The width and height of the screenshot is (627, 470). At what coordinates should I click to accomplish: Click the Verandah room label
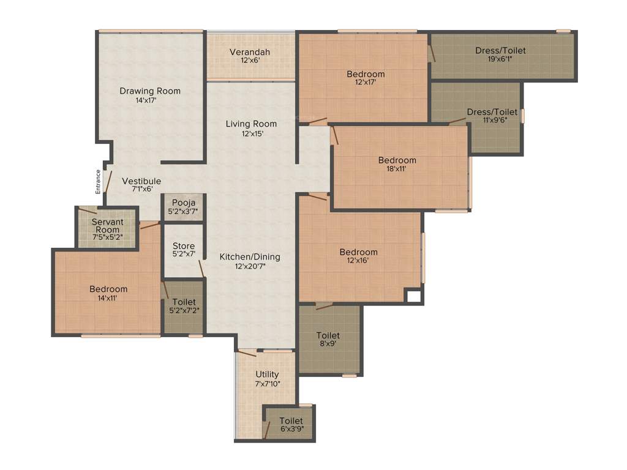pyautogui.click(x=250, y=52)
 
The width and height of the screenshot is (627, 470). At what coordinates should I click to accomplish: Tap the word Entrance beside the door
pyautogui.click(x=97, y=182)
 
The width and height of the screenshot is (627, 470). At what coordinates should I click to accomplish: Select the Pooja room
pyautogui.click(x=183, y=207)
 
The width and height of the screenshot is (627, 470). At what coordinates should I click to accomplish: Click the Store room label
pyautogui.click(x=183, y=246)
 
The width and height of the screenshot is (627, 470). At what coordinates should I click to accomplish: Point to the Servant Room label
pyautogui.click(x=107, y=226)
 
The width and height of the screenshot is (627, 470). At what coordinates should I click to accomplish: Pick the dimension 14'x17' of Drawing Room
pyautogui.click(x=150, y=100)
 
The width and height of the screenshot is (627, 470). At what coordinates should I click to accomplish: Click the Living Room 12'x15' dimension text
pyautogui.click(x=251, y=133)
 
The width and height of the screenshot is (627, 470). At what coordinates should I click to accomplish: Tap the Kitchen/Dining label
pyautogui.click(x=250, y=257)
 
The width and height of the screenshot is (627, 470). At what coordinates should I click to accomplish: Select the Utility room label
pyautogui.click(x=267, y=374)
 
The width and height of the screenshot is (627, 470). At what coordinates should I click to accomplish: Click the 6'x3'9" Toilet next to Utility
pyautogui.click(x=291, y=425)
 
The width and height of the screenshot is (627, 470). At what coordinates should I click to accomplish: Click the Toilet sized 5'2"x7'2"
pyautogui.click(x=184, y=306)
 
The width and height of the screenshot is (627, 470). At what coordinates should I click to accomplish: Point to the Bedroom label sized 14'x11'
pyautogui.click(x=108, y=289)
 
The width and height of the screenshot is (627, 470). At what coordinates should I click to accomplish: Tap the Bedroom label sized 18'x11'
pyautogui.click(x=397, y=160)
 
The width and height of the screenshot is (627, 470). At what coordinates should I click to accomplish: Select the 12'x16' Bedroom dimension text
pyautogui.click(x=359, y=261)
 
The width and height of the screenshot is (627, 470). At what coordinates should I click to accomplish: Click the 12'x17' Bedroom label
pyautogui.click(x=366, y=74)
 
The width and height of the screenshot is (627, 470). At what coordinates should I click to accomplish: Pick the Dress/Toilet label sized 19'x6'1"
pyautogui.click(x=500, y=51)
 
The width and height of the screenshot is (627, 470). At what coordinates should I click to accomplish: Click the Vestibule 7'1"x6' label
pyautogui.click(x=141, y=181)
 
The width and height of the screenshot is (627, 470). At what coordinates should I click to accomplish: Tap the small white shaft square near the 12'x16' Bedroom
pyautogui.click(x=413, y=296)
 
